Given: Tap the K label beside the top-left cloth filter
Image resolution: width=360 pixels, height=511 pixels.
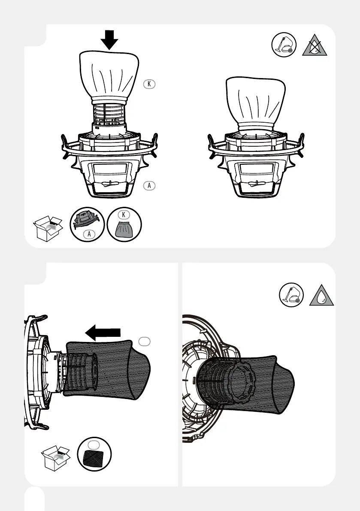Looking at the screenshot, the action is pos(148,84).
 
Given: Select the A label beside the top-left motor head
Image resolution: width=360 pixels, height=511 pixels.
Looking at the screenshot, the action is pos(148,185).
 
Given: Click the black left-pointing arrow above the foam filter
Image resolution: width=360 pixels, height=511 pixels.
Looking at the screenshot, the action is pos(103,333).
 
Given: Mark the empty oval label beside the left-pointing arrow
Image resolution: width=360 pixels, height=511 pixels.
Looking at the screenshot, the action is pos(145,341).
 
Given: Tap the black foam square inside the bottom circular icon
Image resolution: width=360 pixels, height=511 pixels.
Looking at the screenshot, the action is pos(94,460).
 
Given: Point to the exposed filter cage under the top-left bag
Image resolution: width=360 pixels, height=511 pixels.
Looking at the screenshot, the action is pos(109,115).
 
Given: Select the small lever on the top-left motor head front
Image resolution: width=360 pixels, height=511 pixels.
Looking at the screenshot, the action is pos(109,184).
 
